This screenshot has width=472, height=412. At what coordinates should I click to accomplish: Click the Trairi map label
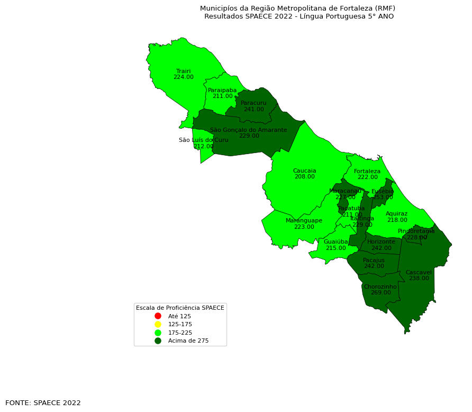point(183,71)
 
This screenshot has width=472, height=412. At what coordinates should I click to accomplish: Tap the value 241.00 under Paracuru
point(253,110)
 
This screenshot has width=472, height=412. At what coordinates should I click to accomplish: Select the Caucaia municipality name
point(304,171)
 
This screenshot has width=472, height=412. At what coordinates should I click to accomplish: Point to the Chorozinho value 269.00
point(380,293)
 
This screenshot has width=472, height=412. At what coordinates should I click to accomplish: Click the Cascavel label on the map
point(419,272)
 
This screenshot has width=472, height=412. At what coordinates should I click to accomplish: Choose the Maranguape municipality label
point(304,220)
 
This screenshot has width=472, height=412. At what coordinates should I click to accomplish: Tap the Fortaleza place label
point(367,171)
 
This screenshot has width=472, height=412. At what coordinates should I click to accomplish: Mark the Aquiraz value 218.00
point(397,220)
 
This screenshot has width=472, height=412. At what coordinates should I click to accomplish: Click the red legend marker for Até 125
point(158,316)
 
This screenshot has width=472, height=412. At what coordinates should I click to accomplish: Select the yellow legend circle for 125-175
point(158,324)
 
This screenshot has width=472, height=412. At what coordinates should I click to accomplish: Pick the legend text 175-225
point(180,333)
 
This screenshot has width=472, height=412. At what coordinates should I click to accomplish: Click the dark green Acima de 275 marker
point(158,341)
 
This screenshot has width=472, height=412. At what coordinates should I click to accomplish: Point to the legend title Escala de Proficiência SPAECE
point(180,308)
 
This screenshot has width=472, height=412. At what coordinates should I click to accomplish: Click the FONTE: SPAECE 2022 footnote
point(43,403)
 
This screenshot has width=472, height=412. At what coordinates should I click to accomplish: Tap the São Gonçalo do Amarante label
point(248,130)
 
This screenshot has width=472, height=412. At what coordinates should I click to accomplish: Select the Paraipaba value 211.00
point(222,96)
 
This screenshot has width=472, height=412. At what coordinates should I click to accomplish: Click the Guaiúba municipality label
point(335,241)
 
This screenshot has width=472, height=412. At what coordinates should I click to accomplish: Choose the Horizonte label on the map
point(381,242)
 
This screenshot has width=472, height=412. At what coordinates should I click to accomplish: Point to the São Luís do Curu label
point(203,140)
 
